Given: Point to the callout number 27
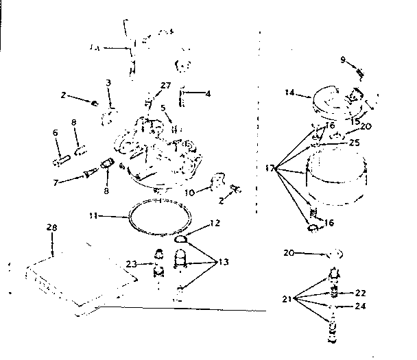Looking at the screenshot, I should click(x=165, y=86).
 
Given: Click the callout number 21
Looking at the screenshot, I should click(x=286, y=299).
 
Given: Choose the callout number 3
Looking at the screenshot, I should click(x=108, y=82).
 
